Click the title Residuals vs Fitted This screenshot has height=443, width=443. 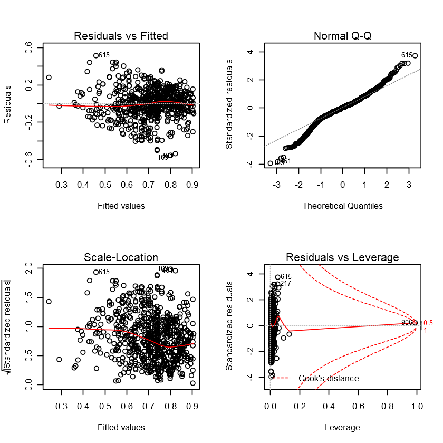pos(121,36)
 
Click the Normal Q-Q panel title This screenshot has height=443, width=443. pos(342,36)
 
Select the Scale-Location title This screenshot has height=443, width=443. pos(121,257)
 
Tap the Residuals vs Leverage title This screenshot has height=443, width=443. pos(342,257)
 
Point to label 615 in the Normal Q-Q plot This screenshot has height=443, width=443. pos(407,55)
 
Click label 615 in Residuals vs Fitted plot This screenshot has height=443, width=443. pos(104,55)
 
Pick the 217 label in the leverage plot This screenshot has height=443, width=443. pos(285,284)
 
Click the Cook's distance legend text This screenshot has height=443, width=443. pos(329,378)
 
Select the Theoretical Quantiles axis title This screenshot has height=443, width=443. pos(342,206)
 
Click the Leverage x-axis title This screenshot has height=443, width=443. pos(342,427)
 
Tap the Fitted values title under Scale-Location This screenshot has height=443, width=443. pos(121,427)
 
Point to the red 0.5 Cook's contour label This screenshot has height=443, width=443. pos(428,323)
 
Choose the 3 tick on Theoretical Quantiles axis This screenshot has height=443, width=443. pos(409,185)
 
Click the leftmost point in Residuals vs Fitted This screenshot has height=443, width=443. pos(49,77)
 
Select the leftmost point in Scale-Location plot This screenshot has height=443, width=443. pos(49,302)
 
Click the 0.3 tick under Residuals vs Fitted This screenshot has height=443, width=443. pos(61,185)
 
